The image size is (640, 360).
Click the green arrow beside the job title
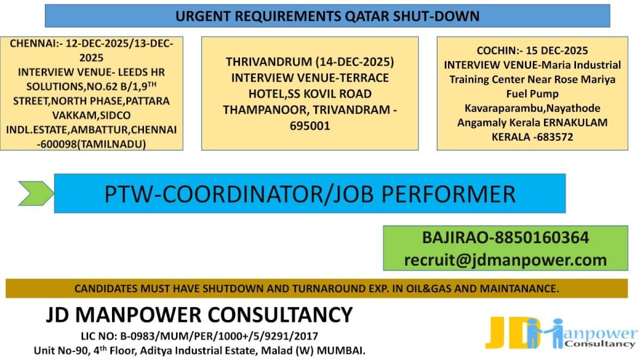pos(35,193)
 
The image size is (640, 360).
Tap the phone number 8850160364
pos(543,237)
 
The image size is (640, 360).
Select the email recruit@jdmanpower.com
pos(506,260)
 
